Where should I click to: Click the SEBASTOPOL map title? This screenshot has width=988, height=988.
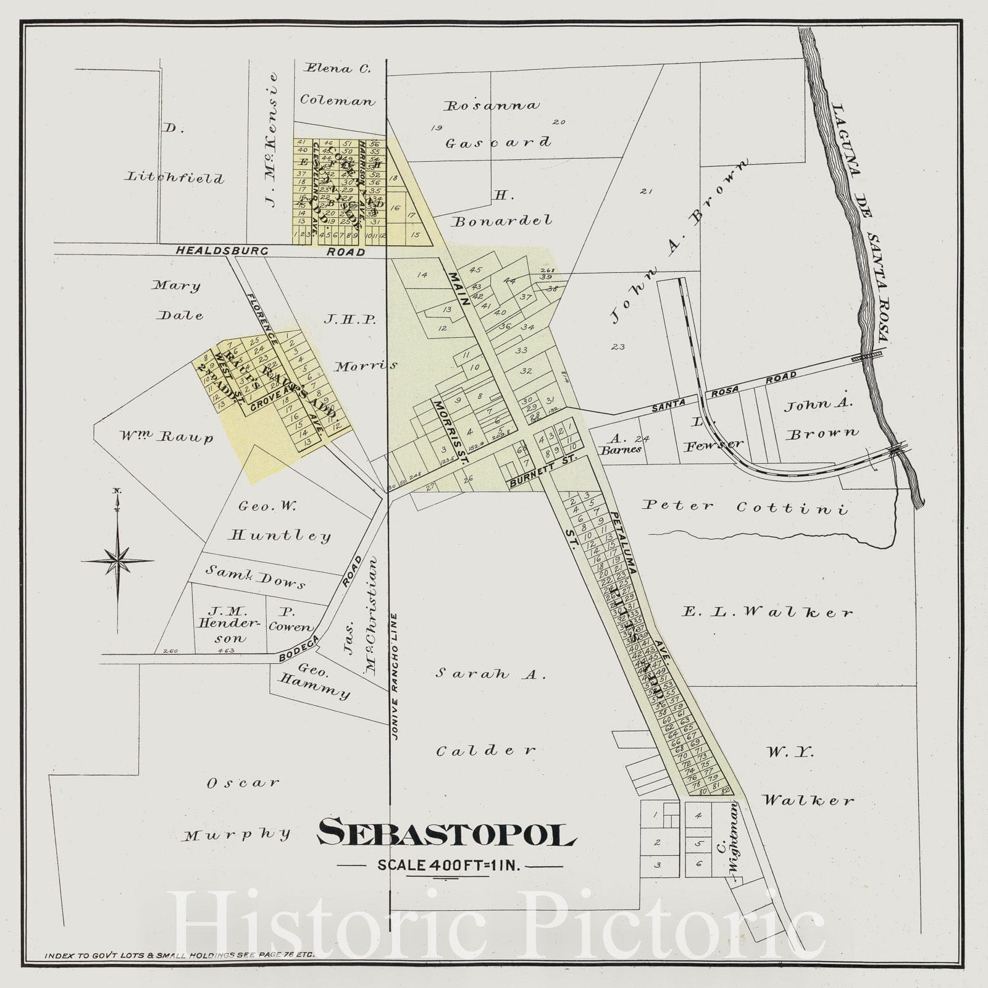pos(446,832)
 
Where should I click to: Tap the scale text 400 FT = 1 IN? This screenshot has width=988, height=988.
pos(450,865)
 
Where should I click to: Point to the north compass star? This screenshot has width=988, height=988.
pos(117,561)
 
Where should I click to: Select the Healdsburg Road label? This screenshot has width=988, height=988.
pos(270,251)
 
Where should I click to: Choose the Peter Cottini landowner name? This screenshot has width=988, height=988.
pos(744,507)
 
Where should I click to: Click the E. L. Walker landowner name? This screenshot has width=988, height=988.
pos(768,612)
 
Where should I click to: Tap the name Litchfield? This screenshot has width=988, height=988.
pos(175,178)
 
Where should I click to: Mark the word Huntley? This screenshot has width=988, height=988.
pos(280,535)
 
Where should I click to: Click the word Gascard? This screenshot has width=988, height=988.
pos(498,143)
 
